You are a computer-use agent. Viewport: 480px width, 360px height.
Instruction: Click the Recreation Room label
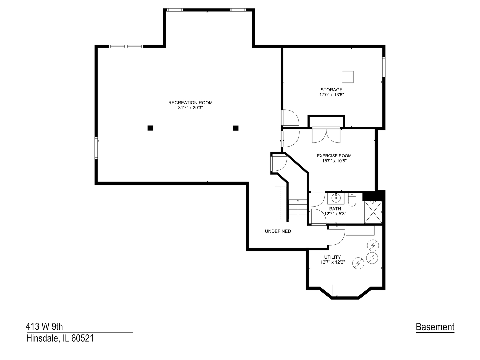[190, 103]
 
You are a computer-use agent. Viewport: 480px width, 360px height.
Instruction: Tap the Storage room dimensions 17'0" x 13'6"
[331, 95]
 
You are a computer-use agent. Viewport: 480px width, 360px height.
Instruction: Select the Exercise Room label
[334, 156]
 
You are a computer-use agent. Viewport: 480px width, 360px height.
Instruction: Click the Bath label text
[335, 209]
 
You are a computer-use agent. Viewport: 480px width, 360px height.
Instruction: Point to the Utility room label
[332, 257]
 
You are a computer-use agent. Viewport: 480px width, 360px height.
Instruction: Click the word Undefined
[278, 231]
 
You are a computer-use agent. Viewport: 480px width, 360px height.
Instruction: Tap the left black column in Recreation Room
[150, 128]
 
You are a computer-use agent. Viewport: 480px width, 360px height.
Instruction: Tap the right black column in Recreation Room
[236, 128]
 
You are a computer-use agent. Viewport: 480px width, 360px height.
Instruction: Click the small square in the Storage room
[348, 77]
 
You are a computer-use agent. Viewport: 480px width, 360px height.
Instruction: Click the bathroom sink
[336, 198]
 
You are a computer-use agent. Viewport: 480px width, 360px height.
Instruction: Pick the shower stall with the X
[373, 212]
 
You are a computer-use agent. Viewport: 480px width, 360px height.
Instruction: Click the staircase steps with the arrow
[297, 210]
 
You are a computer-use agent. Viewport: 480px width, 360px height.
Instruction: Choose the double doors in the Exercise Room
[326, 135]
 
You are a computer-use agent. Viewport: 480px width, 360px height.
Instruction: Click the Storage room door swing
[290, 118]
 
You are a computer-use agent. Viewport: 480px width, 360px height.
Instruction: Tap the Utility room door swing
[336, 237]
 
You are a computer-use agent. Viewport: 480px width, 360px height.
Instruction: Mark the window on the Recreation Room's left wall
[96, 148]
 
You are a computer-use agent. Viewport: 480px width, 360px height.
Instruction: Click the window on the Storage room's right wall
[384, 67]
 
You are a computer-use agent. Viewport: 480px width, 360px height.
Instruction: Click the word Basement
[435, 327]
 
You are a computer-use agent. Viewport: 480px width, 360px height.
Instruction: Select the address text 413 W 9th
[44, 326]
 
